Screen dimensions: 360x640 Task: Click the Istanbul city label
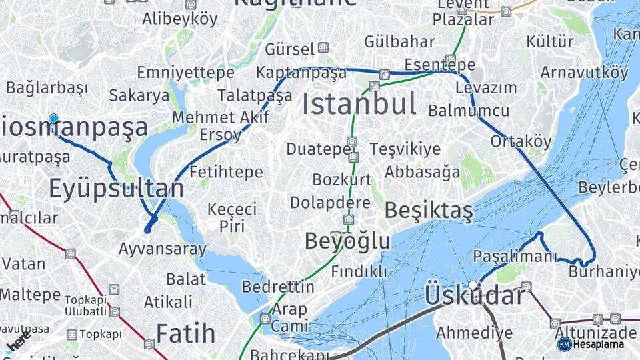(359, 105)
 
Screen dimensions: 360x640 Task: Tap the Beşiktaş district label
(429, 211)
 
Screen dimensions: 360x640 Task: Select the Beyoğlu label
(347, 241)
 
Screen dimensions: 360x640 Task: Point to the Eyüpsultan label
(116, 189)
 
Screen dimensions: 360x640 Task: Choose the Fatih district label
(185, 333)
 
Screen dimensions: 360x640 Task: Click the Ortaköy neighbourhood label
(521, 141)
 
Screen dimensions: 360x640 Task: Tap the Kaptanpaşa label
(301, 73)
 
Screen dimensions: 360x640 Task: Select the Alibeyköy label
(180, 19)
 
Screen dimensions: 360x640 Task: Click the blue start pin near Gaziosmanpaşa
(53, 119)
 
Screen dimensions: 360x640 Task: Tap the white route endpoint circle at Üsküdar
(473, 286)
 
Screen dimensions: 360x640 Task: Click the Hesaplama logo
(591, 344)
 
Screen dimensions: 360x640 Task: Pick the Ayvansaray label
(163, 249)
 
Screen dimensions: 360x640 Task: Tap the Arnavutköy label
(584, 72)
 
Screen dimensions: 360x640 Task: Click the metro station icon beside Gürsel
(323, 48)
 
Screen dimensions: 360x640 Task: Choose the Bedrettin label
(278, 287)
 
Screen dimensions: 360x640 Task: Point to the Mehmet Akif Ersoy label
(221, 126)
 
